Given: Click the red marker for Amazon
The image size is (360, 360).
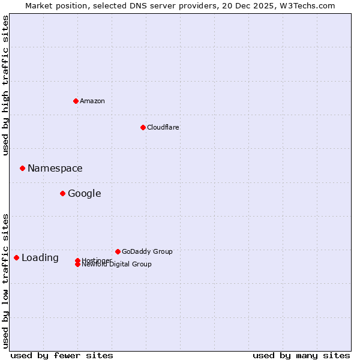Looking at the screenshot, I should tap(76, 101).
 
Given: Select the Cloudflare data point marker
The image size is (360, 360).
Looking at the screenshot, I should tap(143, 127).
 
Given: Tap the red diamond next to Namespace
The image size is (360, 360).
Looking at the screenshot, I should tap(22, 168).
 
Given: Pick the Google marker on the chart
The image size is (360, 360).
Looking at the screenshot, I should tap(62, 193).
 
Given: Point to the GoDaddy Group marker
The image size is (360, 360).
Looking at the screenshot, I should tap(118, 251).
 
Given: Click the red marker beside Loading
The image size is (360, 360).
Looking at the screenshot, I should tap(16, 257).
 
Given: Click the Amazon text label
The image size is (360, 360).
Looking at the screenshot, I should tap(92, 101).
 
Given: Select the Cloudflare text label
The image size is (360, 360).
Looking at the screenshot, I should tap(163, 127).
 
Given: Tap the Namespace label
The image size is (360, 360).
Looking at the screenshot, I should tap(55, 169).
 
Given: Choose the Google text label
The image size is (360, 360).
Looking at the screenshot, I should tap(85, 194).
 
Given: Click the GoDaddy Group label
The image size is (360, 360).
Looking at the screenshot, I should tap(147, 251).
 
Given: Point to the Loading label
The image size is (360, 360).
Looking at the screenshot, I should tap(40, 258).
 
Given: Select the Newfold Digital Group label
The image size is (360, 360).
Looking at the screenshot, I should tap(116, 264).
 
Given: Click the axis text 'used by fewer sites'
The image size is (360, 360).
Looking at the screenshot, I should tap(62, 355).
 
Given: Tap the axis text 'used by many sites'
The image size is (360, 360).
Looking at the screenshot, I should tap(301, 355).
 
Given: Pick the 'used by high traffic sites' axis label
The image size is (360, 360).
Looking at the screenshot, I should tap(6, 85).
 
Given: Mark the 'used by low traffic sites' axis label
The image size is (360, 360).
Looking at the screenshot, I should tap(6, 280).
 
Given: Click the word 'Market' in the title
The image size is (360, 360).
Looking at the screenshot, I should tap(38, 5).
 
